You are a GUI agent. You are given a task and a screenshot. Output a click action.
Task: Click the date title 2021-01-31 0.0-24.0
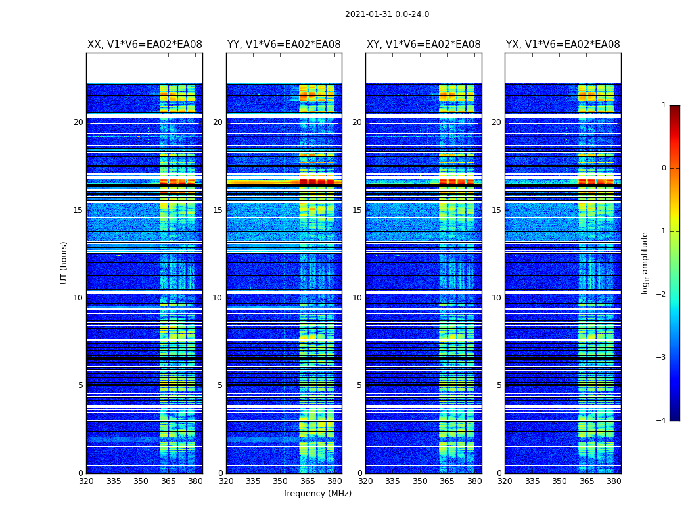(x=387, y=14)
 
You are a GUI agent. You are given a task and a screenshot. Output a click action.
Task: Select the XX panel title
(x=145, y=45)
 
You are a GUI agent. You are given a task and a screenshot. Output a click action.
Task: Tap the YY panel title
(x=284, y=45)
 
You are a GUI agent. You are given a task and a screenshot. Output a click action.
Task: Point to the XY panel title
(x=423, y=45)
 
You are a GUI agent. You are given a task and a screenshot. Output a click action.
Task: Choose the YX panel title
(x=563, y=45)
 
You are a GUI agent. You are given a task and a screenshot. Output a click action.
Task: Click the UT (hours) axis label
(x=64, y=262)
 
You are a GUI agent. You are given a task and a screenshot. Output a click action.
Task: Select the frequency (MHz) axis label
(x=317, y=494)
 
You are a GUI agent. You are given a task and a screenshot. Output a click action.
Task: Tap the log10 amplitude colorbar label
(x=645, y=262)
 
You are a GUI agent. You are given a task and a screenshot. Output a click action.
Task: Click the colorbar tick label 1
(x=663, y=105)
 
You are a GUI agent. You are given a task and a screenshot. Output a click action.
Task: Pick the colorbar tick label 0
(x=663, y=168)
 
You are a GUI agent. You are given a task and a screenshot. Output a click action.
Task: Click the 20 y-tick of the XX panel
(x=78, y=122)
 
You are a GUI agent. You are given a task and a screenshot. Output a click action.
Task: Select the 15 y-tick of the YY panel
(x=218, y=210)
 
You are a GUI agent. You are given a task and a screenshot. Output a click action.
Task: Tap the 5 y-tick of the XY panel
(x=359, y=385)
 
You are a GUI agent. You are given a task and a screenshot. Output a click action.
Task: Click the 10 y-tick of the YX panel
(x=496, y=298)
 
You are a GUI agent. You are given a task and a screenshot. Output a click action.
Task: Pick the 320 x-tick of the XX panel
(x=86, y=481)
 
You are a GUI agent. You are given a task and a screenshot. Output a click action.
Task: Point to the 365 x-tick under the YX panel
(x=586, y=481)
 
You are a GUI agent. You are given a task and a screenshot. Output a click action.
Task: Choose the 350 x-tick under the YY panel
(x=280, y=481)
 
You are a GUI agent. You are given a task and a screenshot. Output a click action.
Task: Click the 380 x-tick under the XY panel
(x=474, y=481)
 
